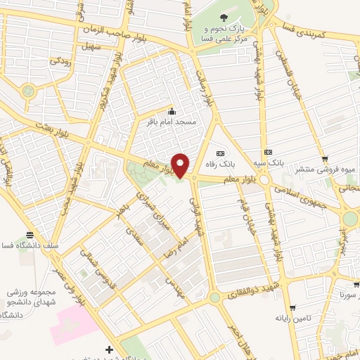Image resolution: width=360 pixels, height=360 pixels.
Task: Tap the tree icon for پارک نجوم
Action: tap(224, 18)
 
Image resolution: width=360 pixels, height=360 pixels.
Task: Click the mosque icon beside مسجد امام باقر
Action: tap(172, 111)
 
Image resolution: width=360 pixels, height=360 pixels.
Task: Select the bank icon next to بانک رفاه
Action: tap(220, 153)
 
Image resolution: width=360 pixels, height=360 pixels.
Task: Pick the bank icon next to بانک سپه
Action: tap(267, 152)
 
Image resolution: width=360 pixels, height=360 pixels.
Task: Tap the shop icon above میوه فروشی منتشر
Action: tap(324, 159)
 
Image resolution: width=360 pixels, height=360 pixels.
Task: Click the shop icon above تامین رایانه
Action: tap(292, 308)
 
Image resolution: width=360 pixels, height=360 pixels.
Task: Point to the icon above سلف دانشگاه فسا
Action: tap(29, 236)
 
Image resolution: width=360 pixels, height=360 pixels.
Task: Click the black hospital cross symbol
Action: tap(108, 349)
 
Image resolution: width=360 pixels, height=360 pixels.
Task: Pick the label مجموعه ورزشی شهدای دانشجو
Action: tap(28, 296)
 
